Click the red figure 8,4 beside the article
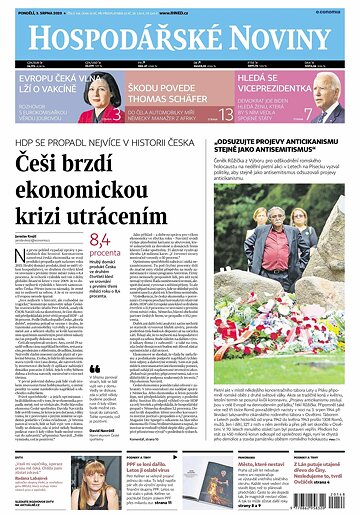click(100, 240)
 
